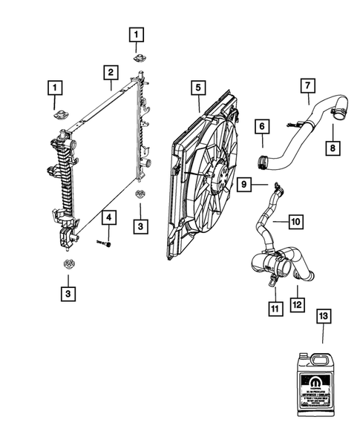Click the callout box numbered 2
coord(109,73)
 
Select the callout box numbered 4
coord(108,217)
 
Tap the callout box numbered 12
coord(298,303)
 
